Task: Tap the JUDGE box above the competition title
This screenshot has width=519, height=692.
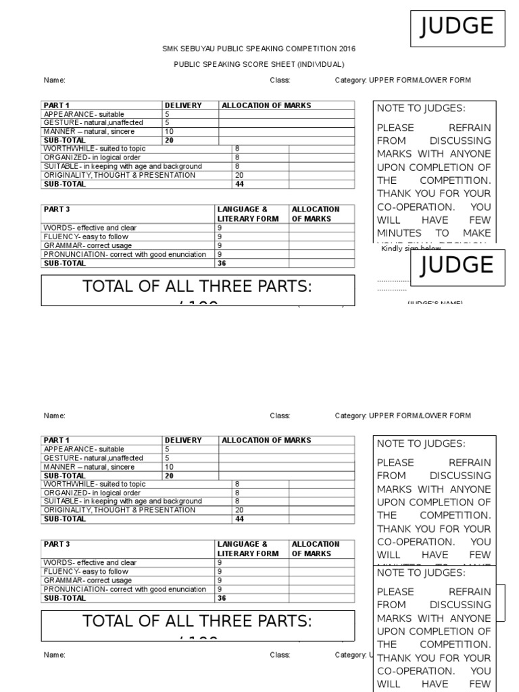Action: click(x=457, y=27)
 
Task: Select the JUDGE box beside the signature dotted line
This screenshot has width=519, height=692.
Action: click(x=457, y=265)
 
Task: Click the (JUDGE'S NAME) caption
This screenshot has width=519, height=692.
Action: click(x=435, y=303)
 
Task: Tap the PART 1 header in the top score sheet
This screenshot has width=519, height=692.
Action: click(x=57, y=105)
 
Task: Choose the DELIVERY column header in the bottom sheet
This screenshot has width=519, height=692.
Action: click(x=183, y=440)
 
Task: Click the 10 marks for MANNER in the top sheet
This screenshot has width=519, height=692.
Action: click(x=169, y=132)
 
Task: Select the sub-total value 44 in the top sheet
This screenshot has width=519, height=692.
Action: click(x=239, y=184)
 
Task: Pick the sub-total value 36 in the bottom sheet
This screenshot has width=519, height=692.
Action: click(x=221, y=598)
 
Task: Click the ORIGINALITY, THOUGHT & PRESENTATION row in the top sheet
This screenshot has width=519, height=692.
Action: click(x=119, y=175)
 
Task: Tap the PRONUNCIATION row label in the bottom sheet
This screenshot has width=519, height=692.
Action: click(x=124, y=589)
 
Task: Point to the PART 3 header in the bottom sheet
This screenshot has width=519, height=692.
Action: click(x=57, y=544)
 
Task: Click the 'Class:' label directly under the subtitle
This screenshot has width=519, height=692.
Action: click(x=280, y=80)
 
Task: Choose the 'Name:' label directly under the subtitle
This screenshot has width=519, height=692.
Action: click(x=55, y=80)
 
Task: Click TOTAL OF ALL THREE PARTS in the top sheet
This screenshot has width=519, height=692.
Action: click(x=197, y=287)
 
